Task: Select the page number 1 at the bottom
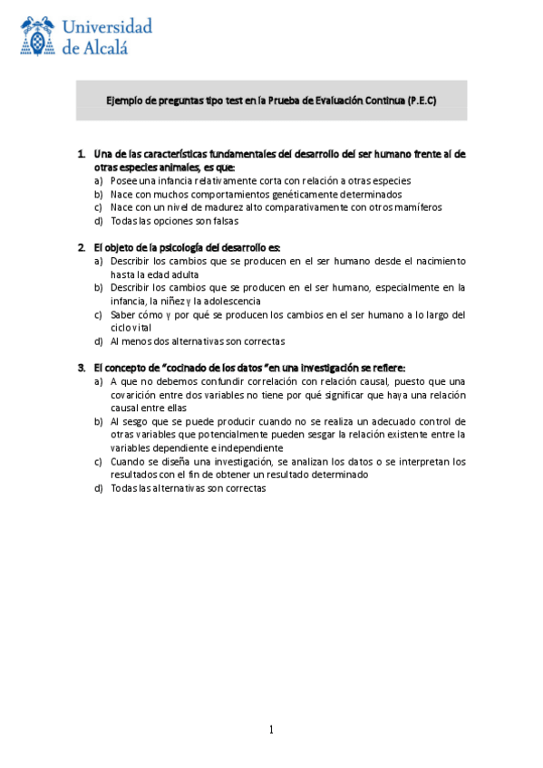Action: [270, 730]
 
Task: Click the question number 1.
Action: [81, 154]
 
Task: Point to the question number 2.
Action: [81, 246]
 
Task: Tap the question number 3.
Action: [81, 368]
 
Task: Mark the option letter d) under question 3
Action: [98, 488]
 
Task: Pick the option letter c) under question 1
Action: [98, 206]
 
